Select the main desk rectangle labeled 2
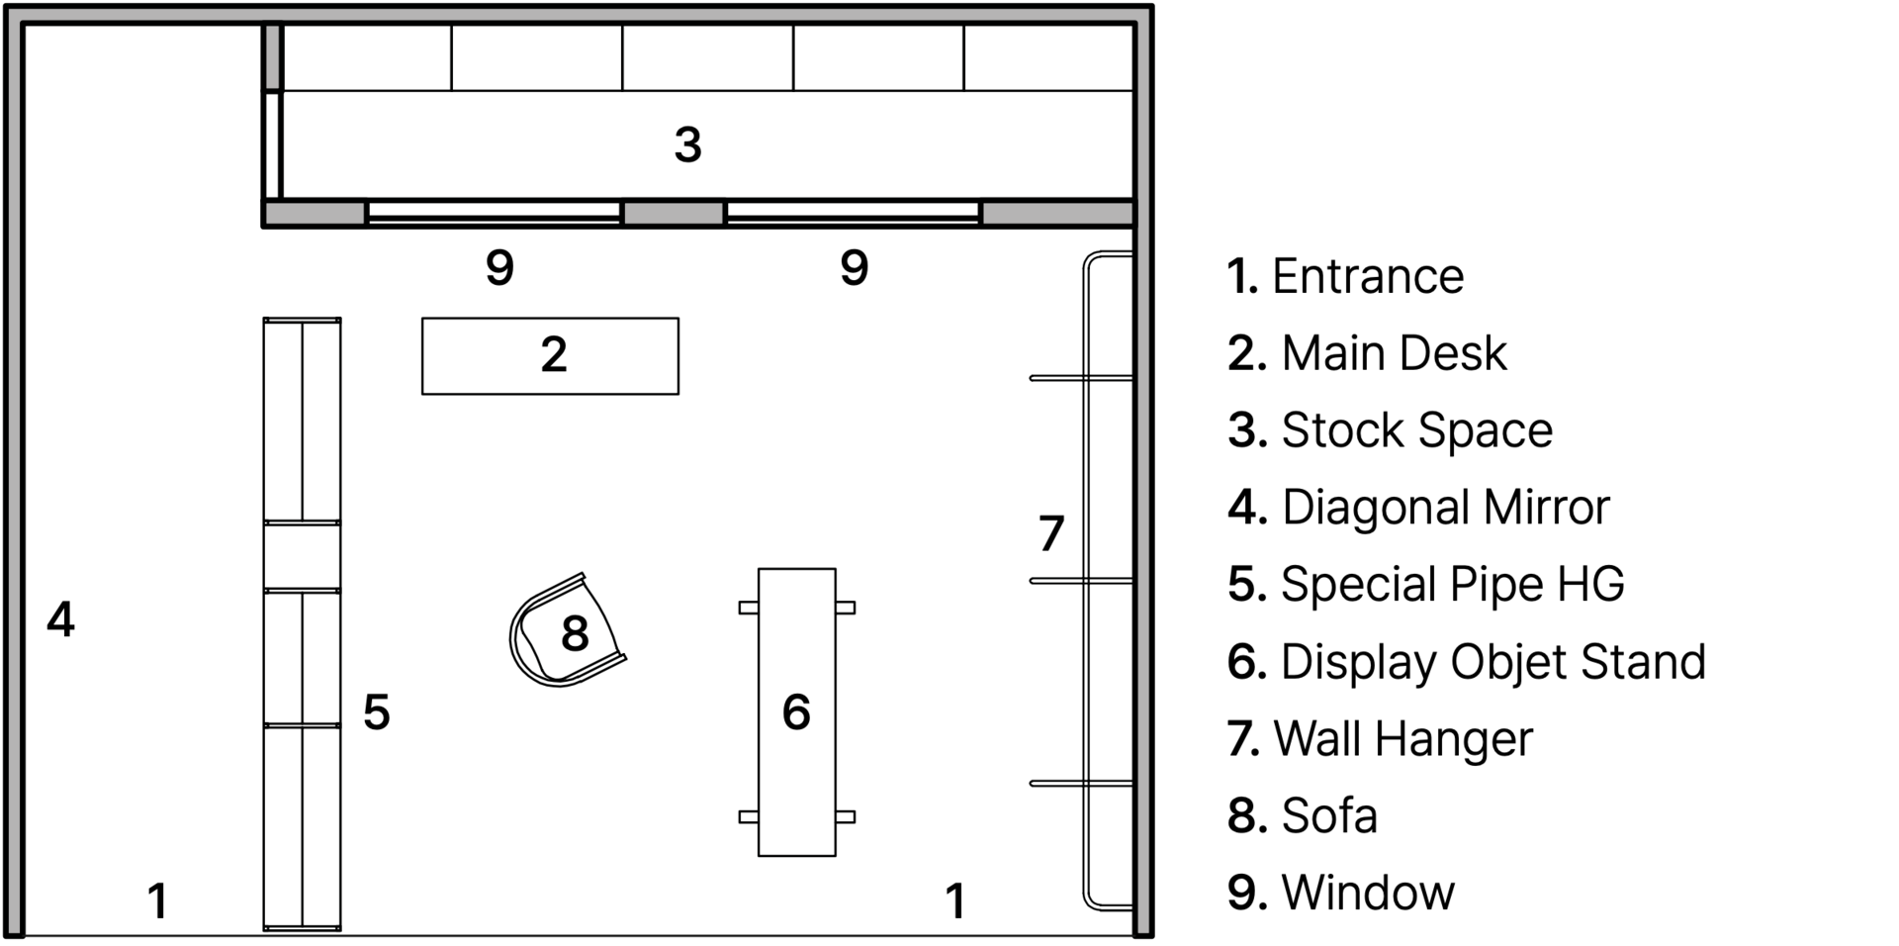pos(550,356)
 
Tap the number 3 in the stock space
pos(688,144)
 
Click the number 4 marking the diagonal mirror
pos(61,619)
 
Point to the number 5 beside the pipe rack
pos(376,711)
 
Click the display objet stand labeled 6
pos(796,711)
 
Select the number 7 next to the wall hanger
pos(1051,533)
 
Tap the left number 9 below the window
pos(500,267)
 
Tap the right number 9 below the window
pos(855,267)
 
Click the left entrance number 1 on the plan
pos(157,900)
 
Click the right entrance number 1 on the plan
pos(954,900)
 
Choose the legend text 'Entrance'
pos(1367,276)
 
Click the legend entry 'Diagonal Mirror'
pos(1445,508)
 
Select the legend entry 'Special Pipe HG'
pos(1452,584)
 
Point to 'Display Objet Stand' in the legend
pos(1492,661)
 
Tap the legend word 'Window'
pos(1368,893)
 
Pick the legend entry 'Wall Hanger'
pos(1402,738)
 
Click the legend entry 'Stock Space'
pos(1416,430)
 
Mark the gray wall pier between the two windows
pos(673,213)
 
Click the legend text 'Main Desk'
pos(1394,353)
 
